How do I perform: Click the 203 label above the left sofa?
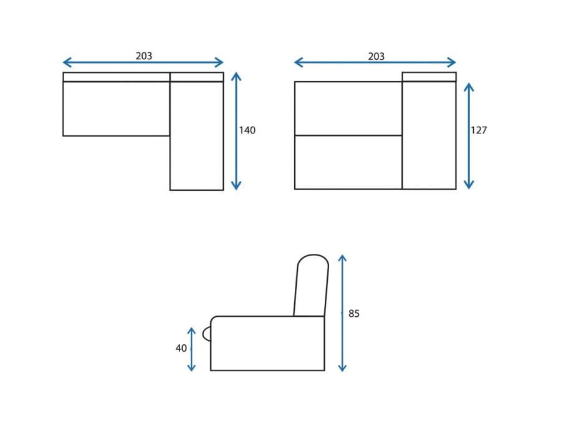tap(144, 56)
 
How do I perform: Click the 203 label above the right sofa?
tap(376, 56)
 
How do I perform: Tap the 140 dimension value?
tap(247, 130)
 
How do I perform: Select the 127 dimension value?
tap(479, 130)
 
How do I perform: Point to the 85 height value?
tap(354, 314)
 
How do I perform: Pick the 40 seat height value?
tap(181, 348)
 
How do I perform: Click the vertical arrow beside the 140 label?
tap(236, 131)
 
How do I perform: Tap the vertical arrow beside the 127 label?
tap(469, 136)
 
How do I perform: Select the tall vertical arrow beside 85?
tap(342, 313)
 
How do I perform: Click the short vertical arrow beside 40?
tap(191, 349)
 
